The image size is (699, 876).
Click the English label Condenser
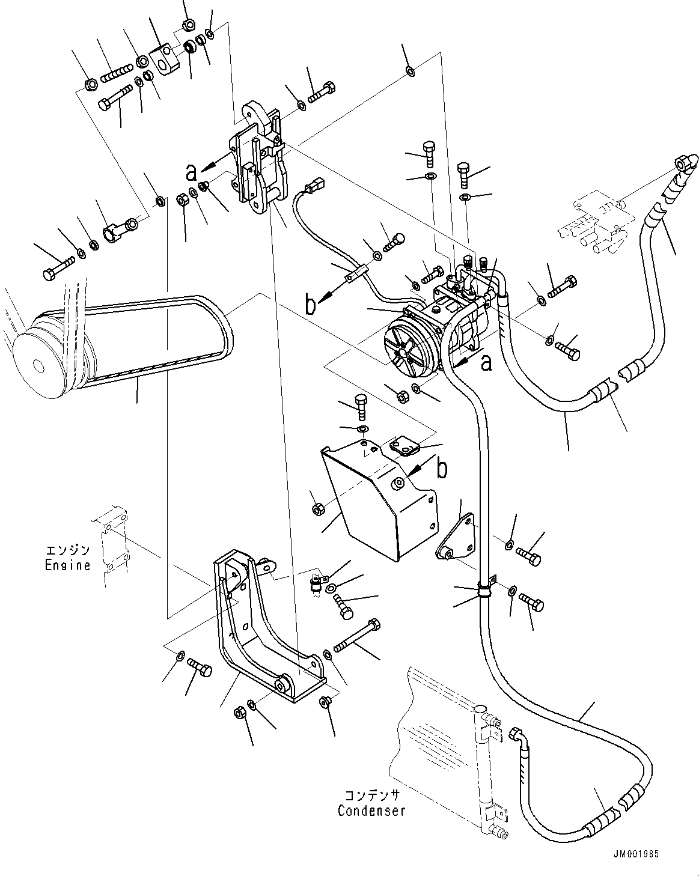click(371, 811)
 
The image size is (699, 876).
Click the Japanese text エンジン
click(68, 550)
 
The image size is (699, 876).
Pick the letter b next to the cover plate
click(442, 469)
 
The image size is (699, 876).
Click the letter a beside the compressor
click(486, 362)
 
